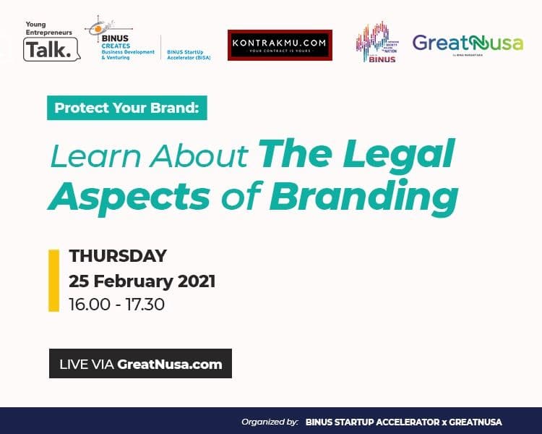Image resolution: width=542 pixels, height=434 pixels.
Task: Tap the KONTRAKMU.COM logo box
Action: [280, 44]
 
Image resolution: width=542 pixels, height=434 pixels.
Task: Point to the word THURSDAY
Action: [118, 256]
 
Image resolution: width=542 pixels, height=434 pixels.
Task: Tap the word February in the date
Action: [137, 280]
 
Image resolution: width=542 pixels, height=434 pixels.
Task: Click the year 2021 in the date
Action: [195, 280]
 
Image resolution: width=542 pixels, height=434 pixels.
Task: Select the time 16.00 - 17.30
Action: [116, 304]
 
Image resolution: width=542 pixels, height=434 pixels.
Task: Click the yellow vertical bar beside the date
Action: [53, 281]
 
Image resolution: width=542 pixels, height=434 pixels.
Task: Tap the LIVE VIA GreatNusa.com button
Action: [140, 364]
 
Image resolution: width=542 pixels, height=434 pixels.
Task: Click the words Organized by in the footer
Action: [270, 422]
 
